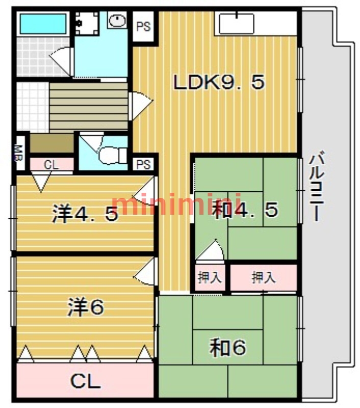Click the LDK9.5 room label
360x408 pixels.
click(x=219, y=82)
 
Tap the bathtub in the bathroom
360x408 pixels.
click(x=43, y=24)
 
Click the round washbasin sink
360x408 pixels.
click(x=117, y=20)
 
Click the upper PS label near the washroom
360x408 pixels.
click(x=144, y=27)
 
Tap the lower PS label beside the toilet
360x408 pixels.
click(x=144, y=164)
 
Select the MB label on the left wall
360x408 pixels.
click(x=19, y=154)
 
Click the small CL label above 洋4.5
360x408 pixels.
click(x=51, y=165)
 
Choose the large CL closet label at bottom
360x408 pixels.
click(x=85, y=381)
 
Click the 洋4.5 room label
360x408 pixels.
click(x=85, y=214)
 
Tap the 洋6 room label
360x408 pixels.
click(x=86, y=307)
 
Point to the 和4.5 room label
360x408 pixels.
click(x=245, y=210)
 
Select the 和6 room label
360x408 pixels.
click(x=228, y=348)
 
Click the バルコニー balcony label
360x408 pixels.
click(x=317, y=186)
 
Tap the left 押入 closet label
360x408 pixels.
click(x=210, y=277)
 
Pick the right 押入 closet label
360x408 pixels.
click(x=264, y=277)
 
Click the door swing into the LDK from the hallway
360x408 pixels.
click(x=140, y=106)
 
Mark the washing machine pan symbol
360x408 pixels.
click(x=87, y=23)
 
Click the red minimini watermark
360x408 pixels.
click(x=176, y=205)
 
